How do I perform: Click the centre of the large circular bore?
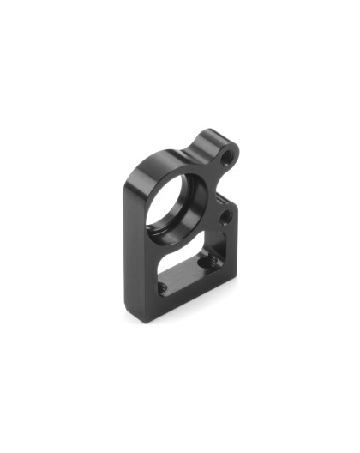177,200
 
